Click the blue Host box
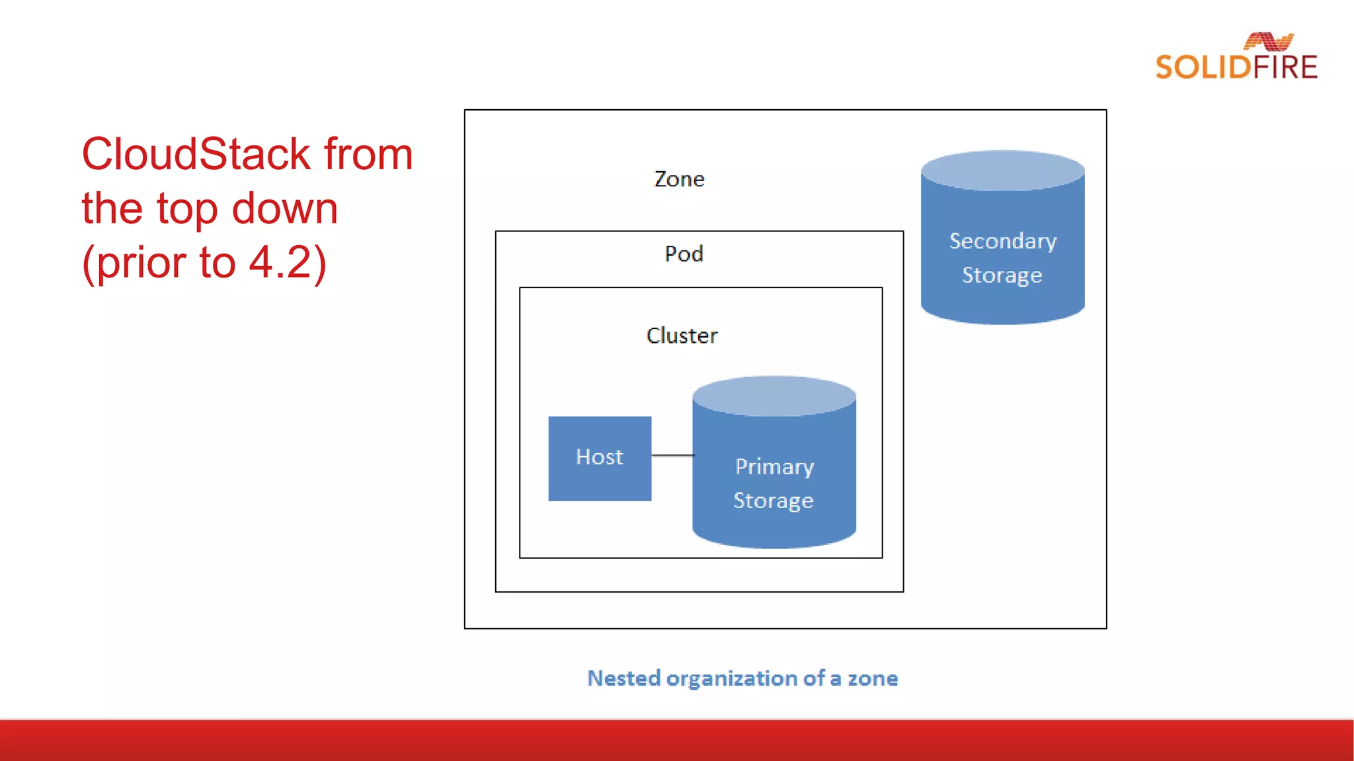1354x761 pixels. (x=600, y=458)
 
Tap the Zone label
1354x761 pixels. (x=679, y=179)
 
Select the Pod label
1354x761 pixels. (x=684, y=254)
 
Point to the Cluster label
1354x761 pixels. (x=682, y=336)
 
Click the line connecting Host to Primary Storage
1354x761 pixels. (x=672, y=455)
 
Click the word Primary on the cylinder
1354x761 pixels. (x=774, y=467)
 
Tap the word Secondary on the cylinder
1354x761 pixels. (x=1002, y=241)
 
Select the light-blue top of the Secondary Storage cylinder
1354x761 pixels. (x=1002, y=170)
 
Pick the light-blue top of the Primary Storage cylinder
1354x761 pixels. (x=774, y=396)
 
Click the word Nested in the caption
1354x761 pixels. (x=623, y=678)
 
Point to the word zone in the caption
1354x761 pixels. (x=873, y=678)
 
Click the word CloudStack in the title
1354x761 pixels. (x=196, y=154)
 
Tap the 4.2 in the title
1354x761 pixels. (x=279, y=262)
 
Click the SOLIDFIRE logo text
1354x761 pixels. (x=1236, y=67)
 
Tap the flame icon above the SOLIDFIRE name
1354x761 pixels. (x=1268, y=42)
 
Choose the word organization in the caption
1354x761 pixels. (x=732, y=678)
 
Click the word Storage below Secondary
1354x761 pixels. (x=1002, y=275)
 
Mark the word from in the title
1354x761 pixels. (x=368, y=154)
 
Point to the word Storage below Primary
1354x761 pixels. (x=773, y=501)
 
